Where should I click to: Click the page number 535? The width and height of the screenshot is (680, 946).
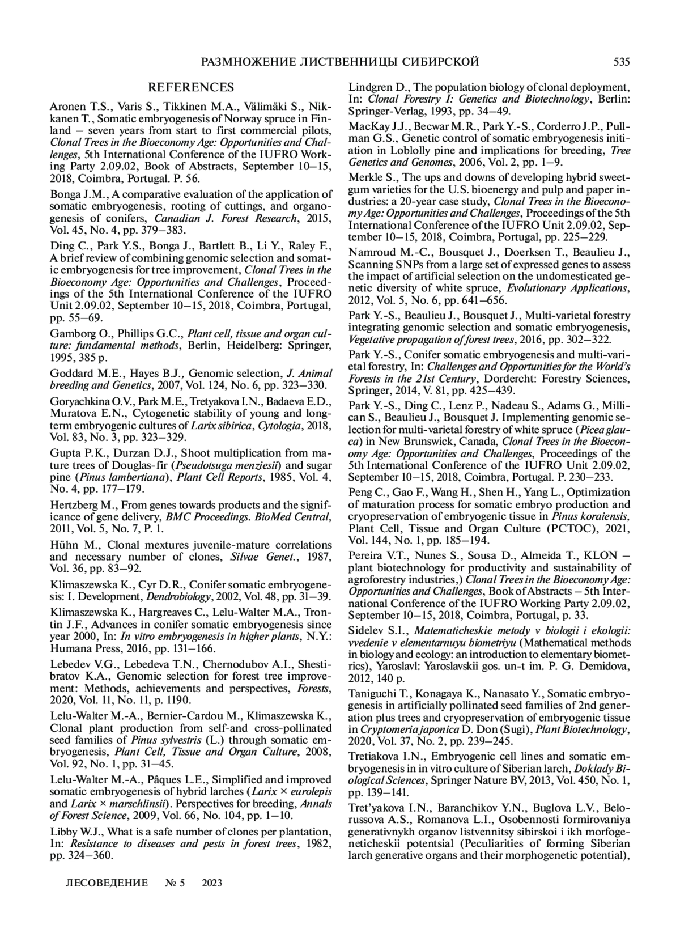click(x=621, y=62)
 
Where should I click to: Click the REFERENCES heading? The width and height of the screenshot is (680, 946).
click(x=190, y=87)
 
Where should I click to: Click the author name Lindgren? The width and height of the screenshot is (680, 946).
click(x=371, y=87)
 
